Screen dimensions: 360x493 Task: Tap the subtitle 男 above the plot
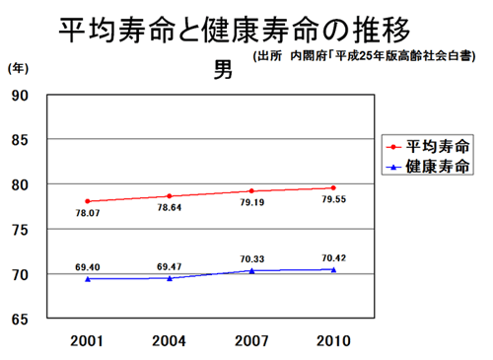click(x=224, y=72)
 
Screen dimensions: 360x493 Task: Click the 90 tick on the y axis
click(x=20, y=95)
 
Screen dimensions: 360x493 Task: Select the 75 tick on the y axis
click(x=20, y=230)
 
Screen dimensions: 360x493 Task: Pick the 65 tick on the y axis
click(x=20, y=319)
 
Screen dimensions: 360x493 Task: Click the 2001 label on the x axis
click(x=88, y=340)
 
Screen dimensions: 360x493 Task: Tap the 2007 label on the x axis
click(x=251, y=340)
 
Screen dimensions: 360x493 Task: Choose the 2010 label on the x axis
click(x=333, y=340)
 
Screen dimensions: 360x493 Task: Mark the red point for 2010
click(x=333, y=187)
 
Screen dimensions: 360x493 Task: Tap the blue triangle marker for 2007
click(x=251, y=270)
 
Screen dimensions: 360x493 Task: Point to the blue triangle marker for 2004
click(x=170, y=278)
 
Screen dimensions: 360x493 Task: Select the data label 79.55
click(x=333, y=200)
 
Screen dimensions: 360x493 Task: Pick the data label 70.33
click(x=251, y=258)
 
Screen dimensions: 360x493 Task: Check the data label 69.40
click(x=88, y=266)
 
